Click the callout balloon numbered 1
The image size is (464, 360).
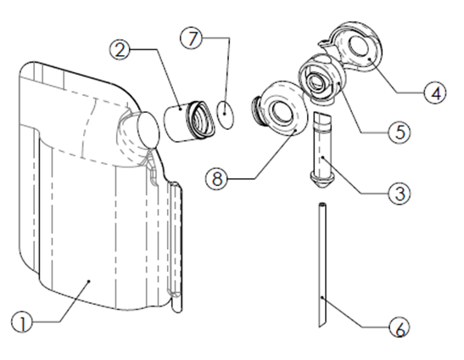(x=22, y=322)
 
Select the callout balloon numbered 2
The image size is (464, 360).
(x=120, y=49)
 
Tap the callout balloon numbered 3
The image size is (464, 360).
(x=400, y=194)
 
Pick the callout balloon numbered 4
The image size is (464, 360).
(x=435, y=93)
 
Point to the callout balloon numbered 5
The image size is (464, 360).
(x=400, y=132)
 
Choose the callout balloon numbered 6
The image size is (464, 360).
(x=400, y=327)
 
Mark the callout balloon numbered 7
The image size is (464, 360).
(x=192, y=38)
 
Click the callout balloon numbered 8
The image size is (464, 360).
(x=217, y=178)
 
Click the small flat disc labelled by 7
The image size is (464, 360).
(x=226, y=114)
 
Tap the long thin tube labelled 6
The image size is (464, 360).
(x=322, y=265)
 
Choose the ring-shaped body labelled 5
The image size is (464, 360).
(x=321, y=77)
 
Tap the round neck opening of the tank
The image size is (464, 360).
(x=148, y=130)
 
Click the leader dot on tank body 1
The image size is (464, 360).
(x=89, y=281)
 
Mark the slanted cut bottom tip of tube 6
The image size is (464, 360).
(x=320, y=327)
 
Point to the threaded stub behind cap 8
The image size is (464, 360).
(x=258, y=108)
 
